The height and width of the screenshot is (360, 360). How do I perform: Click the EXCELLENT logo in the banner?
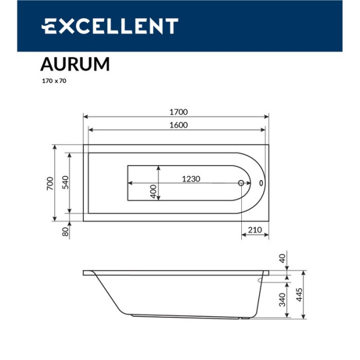109,26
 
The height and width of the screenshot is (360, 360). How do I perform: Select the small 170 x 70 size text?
53,81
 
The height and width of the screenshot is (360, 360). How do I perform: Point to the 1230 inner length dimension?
191,179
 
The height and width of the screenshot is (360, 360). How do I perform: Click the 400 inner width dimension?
154,191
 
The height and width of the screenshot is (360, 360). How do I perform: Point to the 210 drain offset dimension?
254,230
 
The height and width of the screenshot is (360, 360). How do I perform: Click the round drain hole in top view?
242,184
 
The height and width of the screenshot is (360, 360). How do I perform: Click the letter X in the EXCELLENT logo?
65,26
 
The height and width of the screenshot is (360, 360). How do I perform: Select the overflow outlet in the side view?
262,278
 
